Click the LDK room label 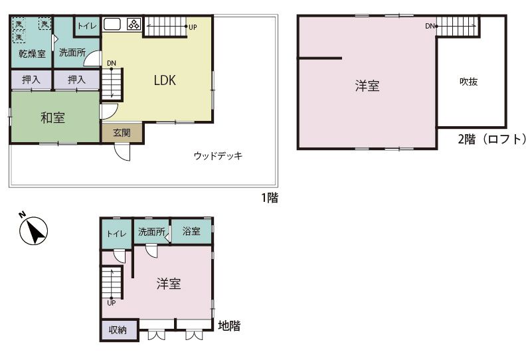[x=165, y=80]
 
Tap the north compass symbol [x=33, y=230]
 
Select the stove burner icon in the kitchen [x=134, y=24]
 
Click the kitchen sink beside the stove [x=112, y=25]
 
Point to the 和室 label [x=52, y=118]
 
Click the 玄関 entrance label [x=122, y=133]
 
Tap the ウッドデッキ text [x=218, y=155]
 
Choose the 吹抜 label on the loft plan [x=468, y=82]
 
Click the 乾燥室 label [x=32, y=54]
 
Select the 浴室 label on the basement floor [x=191, y=231]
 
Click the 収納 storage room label [x=118, y=330]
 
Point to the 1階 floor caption [x=270, y=198]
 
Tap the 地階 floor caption [x=229, y=325]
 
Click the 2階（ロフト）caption [x=492, y=139]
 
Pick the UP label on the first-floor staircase [x=193, y=27]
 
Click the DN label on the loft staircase [x=430, y=26]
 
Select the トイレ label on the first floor [x=87, y=26]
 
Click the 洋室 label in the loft [x=367, y=86]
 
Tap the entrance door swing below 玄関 [x=122, y=152]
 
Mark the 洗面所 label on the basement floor [x=151, y=232]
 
